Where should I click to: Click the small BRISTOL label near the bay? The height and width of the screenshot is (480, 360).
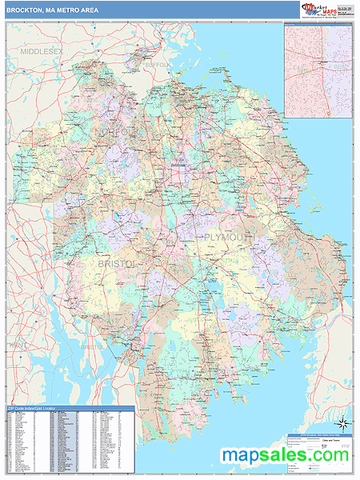pyautogui.click(x=92, y=347)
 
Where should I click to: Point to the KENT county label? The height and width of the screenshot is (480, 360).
pyautogui.click(x=17, y=345)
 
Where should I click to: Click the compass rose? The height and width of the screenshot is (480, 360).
pyautogui.click(x=342, y=422)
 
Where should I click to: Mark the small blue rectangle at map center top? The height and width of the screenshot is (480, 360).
pyautogui.click(x=178, y=166)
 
